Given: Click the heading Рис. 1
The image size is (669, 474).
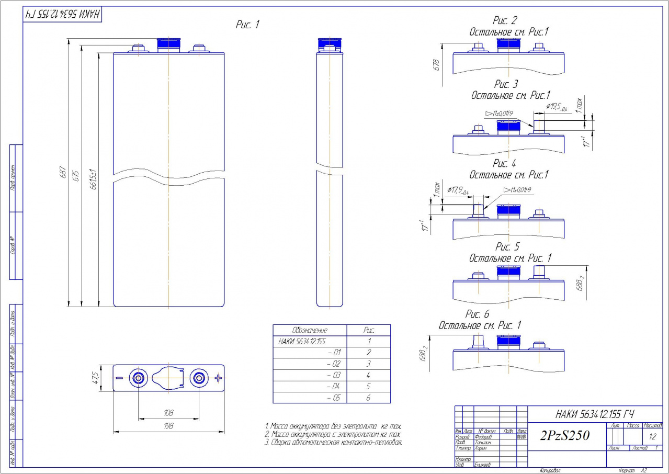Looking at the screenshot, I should pyautogui.click(x=247, y=25).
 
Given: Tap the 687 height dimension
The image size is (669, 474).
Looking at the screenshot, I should pyautogui.click(x=63, y=172).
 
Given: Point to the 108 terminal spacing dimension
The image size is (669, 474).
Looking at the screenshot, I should pyautogui.click(x=168, y=413).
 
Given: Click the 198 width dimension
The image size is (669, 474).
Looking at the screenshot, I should pyautogui.click(x=168, y=426).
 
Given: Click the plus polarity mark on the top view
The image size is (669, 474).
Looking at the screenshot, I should pyautogui.click(x=218, y=378).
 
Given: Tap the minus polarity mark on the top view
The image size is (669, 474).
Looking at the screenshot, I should pyautogui.click(x=119, y=378).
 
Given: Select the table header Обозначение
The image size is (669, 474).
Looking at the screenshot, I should pyautogui.click(x=310, y=331).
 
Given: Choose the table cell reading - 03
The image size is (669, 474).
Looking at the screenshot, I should pyautogui.click(x=333, y=375).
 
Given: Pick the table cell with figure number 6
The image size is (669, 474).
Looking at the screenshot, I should pyautogui.click(x=368, y=398).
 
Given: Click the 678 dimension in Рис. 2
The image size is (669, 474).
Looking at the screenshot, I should pyautogui.click(x=436, y=65).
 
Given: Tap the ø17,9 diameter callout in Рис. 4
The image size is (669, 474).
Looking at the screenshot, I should pyautogui.click(x=460, y=190).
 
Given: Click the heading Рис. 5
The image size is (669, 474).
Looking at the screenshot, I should pyautogui.click(x=507, y=247).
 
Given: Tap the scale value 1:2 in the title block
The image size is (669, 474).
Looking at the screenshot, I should pyautogui.click(x=652, y=436).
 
